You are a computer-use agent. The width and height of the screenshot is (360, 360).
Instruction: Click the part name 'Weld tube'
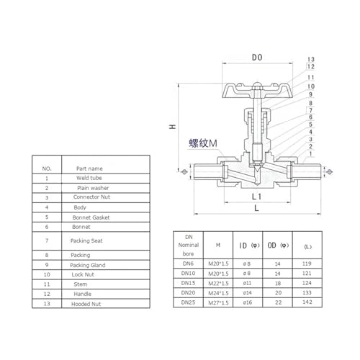pos(89,178)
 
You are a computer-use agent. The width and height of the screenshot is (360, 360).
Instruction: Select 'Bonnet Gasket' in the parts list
pos(91,217)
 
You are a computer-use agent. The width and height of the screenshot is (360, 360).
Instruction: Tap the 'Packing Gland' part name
pos(88,265)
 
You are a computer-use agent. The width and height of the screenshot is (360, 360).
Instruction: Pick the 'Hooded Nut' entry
pos(86,304)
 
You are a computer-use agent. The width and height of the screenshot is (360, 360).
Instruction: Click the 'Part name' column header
pos(89,168)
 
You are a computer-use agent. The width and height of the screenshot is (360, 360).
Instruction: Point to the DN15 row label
pos(188,283)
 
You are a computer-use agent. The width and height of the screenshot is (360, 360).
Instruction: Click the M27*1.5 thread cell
pos(218,302)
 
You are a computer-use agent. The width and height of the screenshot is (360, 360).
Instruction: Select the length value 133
pos(307,292)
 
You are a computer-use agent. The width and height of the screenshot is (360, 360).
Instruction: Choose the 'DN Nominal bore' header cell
pos(189,246)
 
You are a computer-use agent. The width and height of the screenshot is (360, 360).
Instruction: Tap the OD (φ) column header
pos(278,246)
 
